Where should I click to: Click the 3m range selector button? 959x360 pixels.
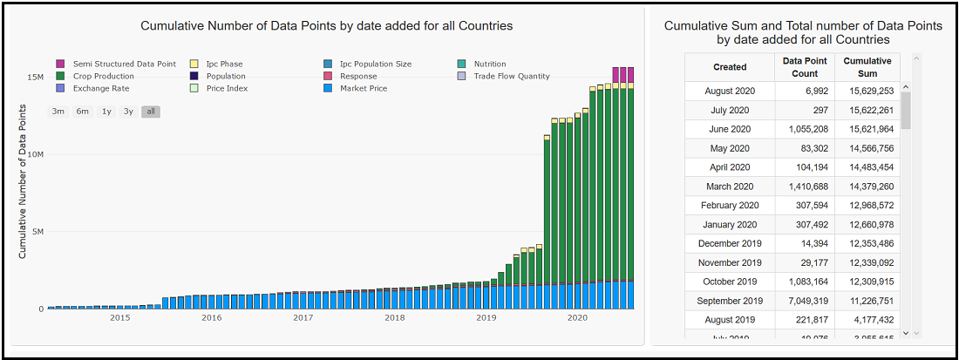pos(58,112)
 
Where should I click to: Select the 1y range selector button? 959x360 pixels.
pos(106,112)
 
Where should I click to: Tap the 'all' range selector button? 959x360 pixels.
pos(151,112)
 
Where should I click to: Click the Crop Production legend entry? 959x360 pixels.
pos(103,76)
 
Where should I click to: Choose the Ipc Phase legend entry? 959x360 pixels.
pos(224,64)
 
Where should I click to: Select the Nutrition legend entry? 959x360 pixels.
pos(489,64)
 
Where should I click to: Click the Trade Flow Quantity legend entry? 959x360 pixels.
pos(511,76)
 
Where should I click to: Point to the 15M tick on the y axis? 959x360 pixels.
pos(36,77)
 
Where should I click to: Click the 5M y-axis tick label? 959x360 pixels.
pos(37,232)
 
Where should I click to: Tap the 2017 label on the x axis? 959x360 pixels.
pos(303,318)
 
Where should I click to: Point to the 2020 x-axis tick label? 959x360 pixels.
pos(577,318)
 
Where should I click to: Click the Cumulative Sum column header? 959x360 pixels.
pos(867,67)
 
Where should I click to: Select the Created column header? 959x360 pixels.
pos(730,67)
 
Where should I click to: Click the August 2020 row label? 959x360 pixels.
pos(729,91)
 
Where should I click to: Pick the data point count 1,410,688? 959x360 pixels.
pos(804,187)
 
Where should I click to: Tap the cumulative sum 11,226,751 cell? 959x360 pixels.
pos(867,301)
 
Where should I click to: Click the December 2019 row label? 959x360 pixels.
pos(729,243)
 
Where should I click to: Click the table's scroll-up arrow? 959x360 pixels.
pos(906,87)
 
